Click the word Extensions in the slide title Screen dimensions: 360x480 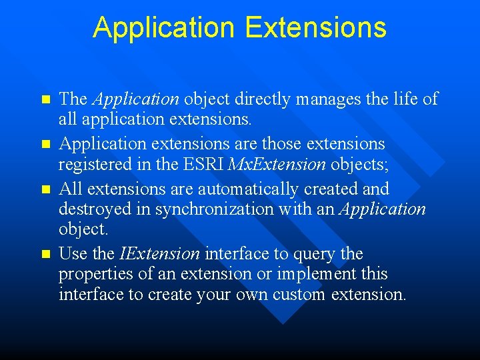[315, 28]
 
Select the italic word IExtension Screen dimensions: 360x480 [159, 254]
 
